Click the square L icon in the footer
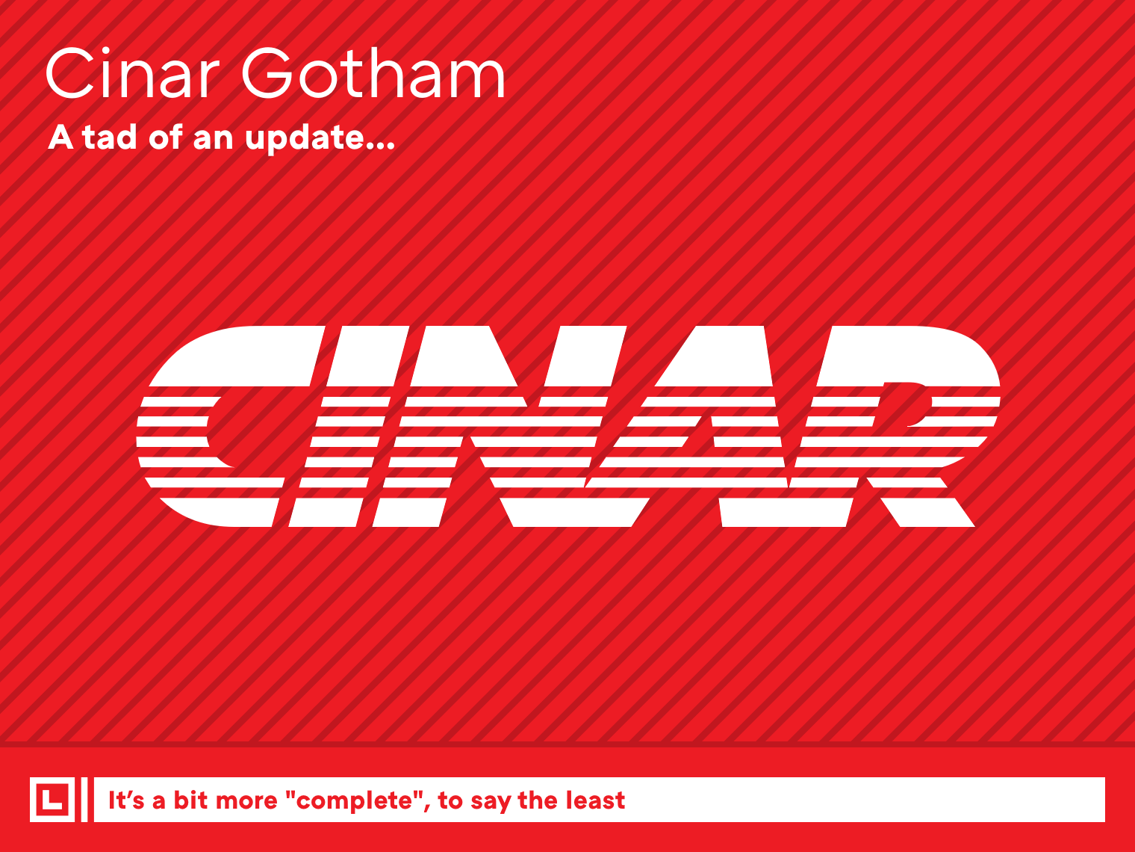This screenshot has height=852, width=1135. tap(52, 800)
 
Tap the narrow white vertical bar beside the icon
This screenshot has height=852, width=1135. tap(84, 800)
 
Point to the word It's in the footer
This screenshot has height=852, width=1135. tap(125, 800)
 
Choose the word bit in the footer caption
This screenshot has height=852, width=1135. tap(190, 800)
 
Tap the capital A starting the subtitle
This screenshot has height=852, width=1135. tap(61, 138)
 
